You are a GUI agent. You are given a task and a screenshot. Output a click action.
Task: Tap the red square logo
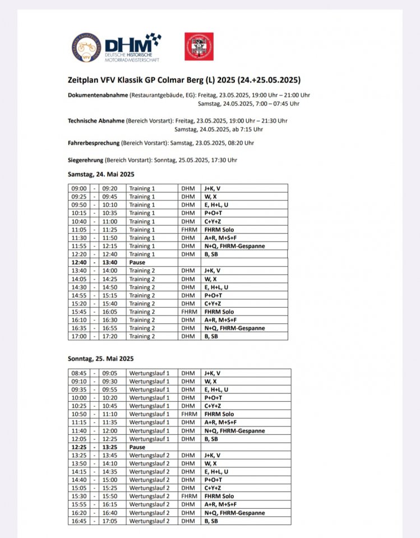point(199,46)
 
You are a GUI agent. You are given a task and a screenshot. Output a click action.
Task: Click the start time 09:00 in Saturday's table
point(79,188)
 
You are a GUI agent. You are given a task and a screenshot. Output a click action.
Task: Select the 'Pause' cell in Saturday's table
point(137,262)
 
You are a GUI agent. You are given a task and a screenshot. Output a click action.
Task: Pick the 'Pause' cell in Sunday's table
point(137,447)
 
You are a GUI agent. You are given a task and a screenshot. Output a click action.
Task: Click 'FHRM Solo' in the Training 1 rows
point(219,230)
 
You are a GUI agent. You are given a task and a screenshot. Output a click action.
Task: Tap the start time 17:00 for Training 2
point(79,336)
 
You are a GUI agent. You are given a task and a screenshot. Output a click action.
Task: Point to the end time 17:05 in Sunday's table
point(110,521)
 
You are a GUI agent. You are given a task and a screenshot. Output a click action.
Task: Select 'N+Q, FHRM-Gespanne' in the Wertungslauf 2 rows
point(234,513)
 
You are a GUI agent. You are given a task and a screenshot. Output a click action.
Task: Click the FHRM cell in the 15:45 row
point(189,312)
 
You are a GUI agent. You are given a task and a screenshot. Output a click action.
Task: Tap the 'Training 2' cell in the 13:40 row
point(142,271)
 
